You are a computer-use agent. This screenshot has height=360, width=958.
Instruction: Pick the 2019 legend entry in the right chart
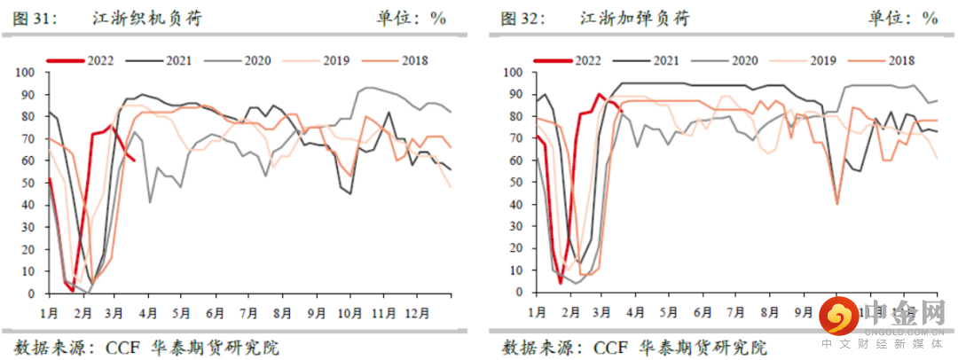tap(821, 60)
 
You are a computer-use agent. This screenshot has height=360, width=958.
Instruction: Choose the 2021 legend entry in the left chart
tap(178, 60)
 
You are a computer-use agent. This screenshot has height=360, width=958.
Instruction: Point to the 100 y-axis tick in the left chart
tap(26, 72)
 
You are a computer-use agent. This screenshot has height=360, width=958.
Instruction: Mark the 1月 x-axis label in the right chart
tap(537, 313)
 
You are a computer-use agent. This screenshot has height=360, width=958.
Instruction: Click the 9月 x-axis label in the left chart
tap(316, 313)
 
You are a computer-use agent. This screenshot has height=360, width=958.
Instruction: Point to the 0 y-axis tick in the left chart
tap(32, 293)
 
